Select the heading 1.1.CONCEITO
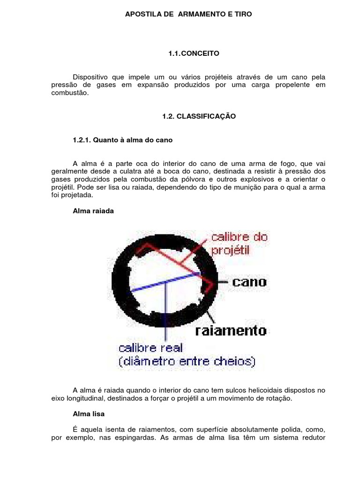(x=194, y=54)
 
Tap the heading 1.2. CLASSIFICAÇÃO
(x=199, y=116)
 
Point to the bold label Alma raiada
(x=93, y=211)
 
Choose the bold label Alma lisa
(x=89, y=414)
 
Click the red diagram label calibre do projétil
(x=239, y=243)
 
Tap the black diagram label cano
(x=249, y=282)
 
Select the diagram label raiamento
(x=230, y=330)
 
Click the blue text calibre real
(x=150, y=348)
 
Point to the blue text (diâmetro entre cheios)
(x=187, y=361)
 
